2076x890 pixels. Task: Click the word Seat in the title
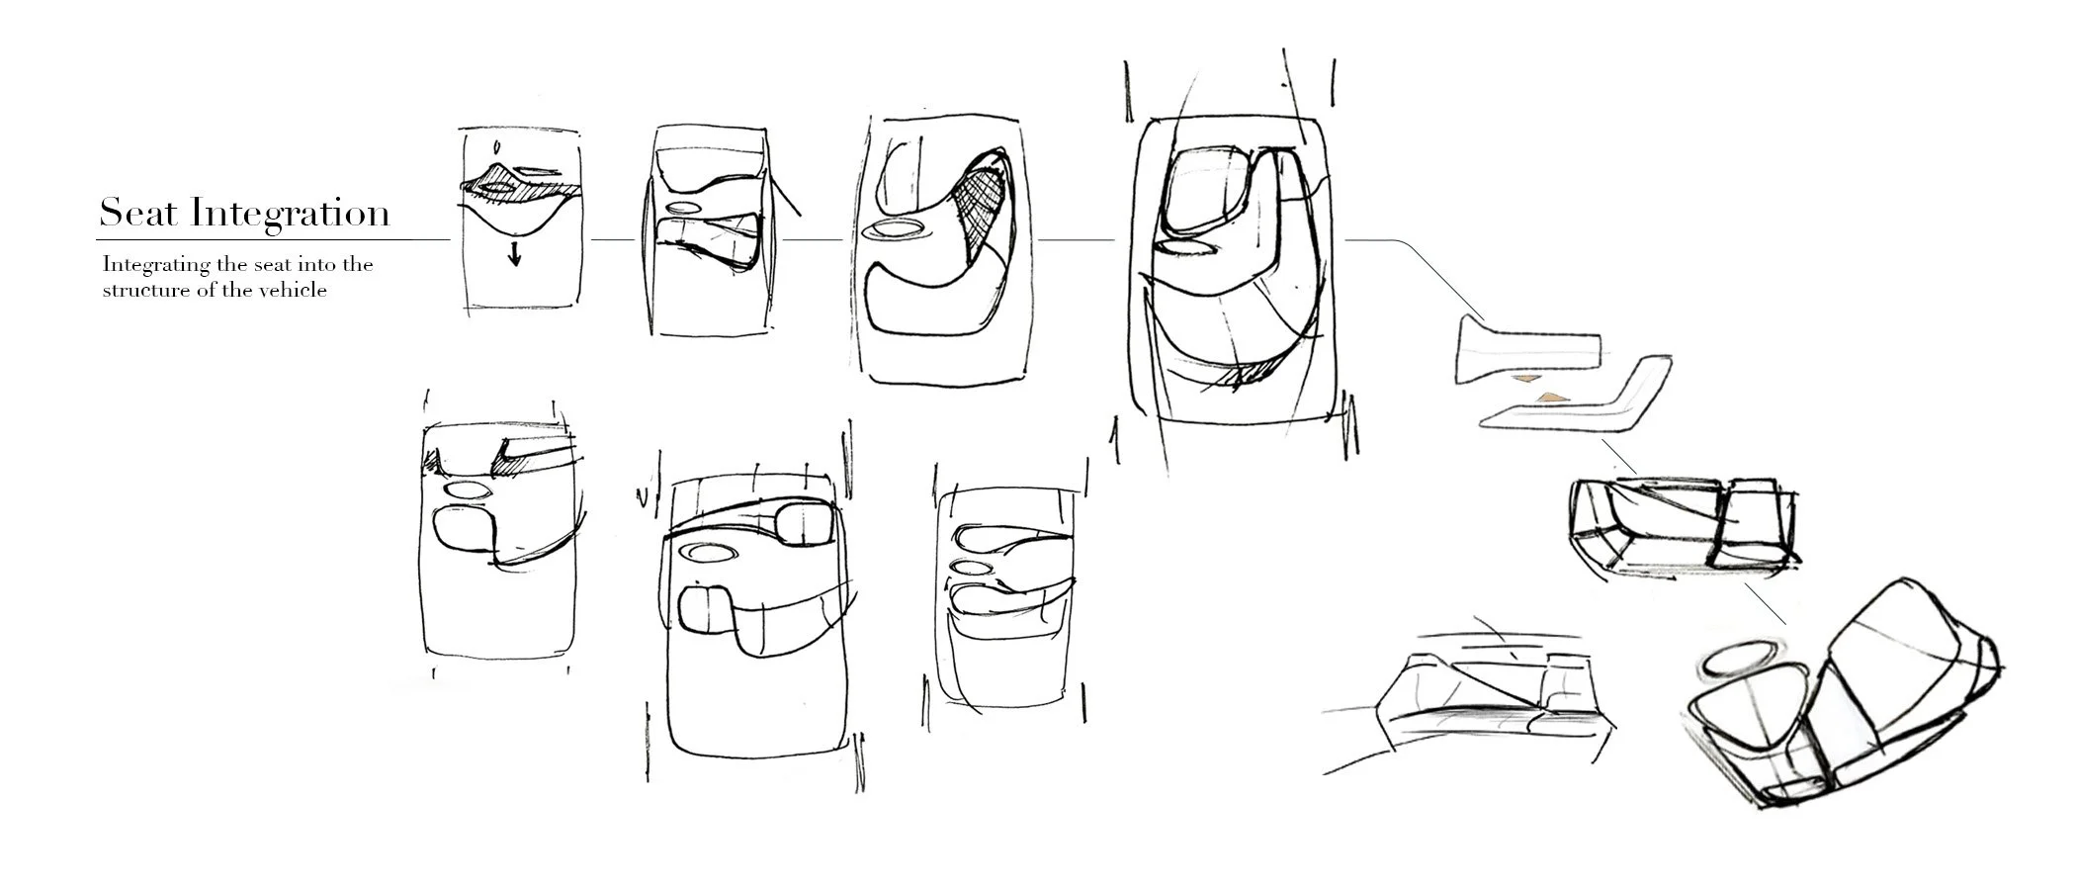click(x=137, y=213)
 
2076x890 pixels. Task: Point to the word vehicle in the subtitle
click(x=293, y=291)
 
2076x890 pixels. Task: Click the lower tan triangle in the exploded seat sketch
click(x=1549, y=397)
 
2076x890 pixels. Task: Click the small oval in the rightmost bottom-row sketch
click(x=971, y=568)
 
